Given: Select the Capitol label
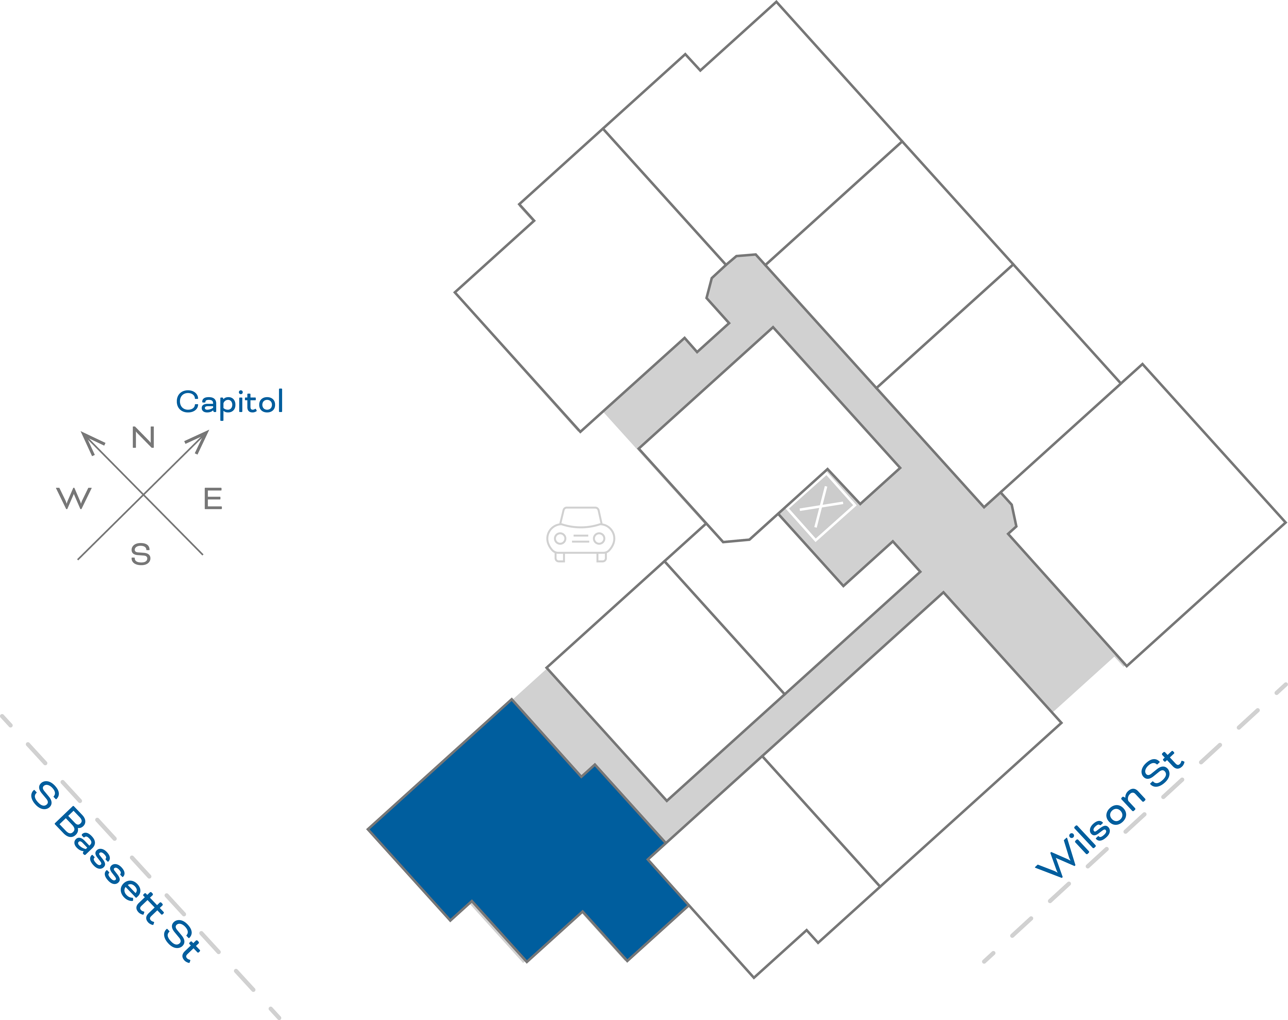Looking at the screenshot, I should (230, 402).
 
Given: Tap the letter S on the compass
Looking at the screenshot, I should (141, 554).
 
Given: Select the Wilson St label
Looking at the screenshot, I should (1109, 815).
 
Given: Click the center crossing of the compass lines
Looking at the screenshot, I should (143, 494).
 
